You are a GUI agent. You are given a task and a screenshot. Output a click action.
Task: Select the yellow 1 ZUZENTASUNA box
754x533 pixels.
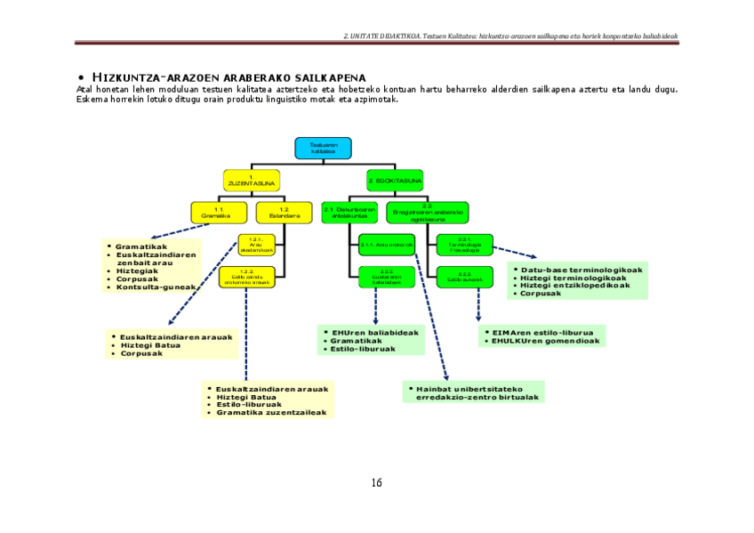[252, 181]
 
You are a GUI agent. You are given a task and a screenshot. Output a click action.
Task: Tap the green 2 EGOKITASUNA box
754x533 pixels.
[395, 181]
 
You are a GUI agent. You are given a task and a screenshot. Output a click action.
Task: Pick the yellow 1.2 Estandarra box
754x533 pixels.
[278, 213]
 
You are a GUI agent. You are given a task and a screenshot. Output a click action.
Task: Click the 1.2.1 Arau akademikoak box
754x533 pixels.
[256, 245]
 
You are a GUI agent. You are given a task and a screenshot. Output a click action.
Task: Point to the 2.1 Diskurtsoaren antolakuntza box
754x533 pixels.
[349, 213]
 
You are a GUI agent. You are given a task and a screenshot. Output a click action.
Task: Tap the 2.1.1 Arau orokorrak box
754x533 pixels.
[387, 245]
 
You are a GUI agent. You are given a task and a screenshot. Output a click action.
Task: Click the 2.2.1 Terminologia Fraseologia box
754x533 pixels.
[463, 245]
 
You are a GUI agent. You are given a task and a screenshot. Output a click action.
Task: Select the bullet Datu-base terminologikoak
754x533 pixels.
[581, 269]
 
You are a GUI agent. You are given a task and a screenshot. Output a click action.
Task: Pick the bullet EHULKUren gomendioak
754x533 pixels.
[548, 341]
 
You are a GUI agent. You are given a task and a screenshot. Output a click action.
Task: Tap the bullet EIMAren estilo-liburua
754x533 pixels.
[542, 332]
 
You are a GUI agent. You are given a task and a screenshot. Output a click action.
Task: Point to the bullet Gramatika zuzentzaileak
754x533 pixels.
[271, 413]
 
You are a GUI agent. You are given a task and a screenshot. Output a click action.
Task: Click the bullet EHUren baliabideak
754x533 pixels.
[374, 332]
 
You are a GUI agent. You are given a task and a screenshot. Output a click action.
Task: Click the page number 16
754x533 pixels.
[376, 483]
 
